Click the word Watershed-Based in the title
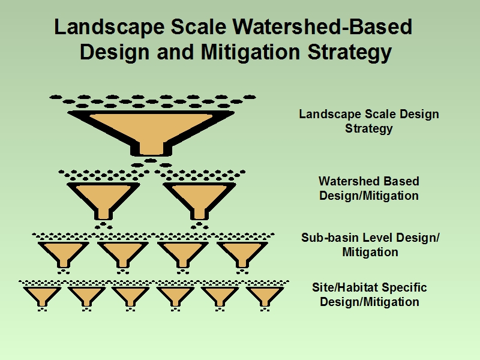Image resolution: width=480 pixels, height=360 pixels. pyautogui.click(x=322, y=26)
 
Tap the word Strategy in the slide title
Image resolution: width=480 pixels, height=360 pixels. pyautogui.click(x=350, y=53)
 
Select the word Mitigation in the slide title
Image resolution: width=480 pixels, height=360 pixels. pyautogui.click(x=250, y=52)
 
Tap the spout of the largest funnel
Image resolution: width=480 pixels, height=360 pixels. pyautogui.click(x=151, y=149)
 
